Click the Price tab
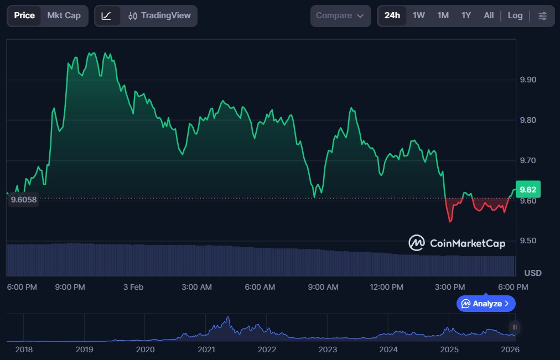coord(24,15)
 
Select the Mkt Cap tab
coord(64,15)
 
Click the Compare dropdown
coord(340,15)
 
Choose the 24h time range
coord(392,15)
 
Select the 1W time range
coord(419,15)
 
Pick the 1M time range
coord(443,15)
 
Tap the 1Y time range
coord(466,15)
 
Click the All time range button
coord(489,15)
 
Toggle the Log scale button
coord(515,15)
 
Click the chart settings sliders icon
coord(542,15)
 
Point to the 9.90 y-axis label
coord(528,80)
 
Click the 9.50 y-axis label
coord(528,241)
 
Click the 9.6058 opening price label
coord(23,200)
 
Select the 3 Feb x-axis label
coord(133,287)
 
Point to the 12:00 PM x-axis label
coord(386,287)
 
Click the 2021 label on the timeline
coord(206,349)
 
